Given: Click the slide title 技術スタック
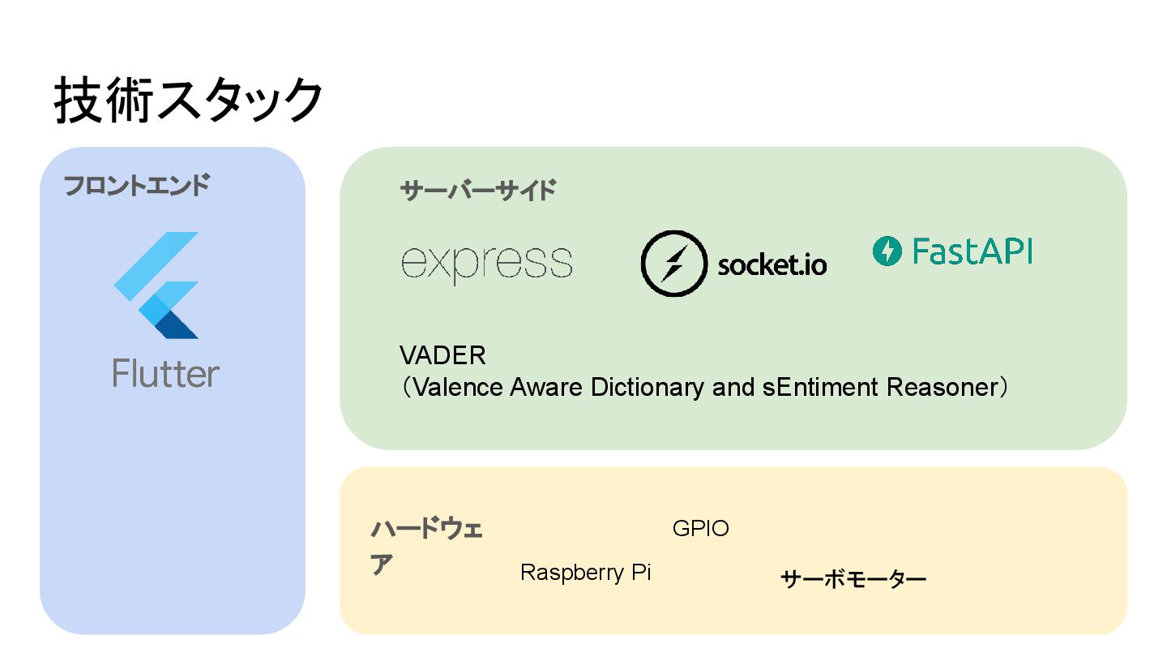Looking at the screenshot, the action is point(189,101).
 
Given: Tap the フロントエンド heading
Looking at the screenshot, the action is point(136,186).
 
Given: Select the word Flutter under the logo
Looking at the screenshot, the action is point(166,374).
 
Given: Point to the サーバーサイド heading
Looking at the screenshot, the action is point(478,191).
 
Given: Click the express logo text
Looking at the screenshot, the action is point(487,262).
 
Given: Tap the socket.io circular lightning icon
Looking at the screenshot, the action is point(673,263).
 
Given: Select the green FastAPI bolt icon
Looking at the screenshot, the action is point(887,251).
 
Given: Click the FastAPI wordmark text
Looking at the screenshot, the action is point(972,251).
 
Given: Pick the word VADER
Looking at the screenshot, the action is point(442,355).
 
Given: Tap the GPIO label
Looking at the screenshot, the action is point(701,529).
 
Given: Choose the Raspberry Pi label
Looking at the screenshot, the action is point(585,573).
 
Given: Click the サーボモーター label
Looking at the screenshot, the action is point(853,579).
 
